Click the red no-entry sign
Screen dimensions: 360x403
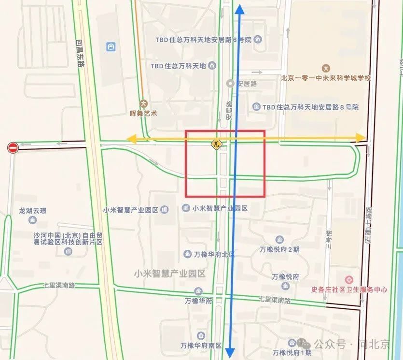pos(13,148)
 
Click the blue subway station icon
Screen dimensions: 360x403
pos(111,47)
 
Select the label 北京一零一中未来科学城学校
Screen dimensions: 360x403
pos(326,78)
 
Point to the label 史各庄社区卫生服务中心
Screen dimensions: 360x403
pos(349,290)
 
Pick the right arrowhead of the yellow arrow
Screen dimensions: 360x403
pos(361,137)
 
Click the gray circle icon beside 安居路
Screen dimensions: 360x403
pos(231,84)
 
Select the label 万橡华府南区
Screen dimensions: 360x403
pos(201,346)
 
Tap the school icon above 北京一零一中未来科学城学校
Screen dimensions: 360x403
pos(326,68)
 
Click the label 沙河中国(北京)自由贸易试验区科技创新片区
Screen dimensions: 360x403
pos(68,239)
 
